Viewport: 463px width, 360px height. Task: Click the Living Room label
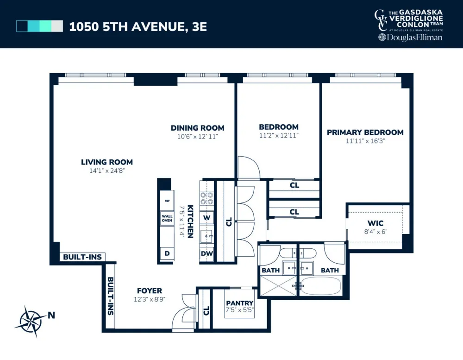point(107,162)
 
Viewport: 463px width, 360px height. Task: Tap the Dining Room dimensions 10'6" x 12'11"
point(198,137)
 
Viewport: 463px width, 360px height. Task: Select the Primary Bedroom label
point(365,133)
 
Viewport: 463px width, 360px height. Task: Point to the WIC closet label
point(375,223)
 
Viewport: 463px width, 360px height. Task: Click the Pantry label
point(239,303)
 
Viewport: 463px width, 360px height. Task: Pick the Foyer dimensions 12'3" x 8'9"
point(150,299)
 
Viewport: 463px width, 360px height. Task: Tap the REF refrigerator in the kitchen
point(167,201)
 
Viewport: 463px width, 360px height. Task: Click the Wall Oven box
point(167,218)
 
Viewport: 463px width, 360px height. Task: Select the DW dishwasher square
point(206,253)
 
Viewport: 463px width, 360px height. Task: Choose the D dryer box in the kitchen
point(167,253)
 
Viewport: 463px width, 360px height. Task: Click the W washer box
point(206,218)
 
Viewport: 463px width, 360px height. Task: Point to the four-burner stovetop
point(206,198)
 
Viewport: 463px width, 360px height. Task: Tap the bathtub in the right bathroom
point(321,286)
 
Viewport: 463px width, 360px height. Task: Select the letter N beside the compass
point(51,316)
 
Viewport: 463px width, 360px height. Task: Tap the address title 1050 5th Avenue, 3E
point(138,26)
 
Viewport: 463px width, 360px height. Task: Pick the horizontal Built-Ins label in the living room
point(82,257)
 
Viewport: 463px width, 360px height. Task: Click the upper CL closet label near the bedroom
point(294,185)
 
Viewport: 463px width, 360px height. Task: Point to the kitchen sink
point(206,236)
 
